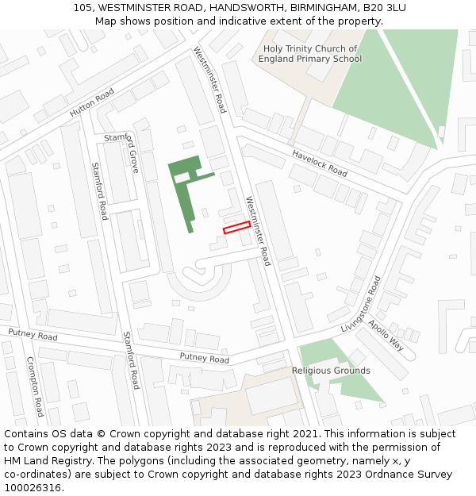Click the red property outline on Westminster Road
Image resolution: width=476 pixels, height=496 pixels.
click(x=236, y=228)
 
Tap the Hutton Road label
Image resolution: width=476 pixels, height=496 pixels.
click(x=92, y=103)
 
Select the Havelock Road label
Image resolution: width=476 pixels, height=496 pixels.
click(x=320, y=163)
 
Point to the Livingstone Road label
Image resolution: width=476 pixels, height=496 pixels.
click(x=361, y=305)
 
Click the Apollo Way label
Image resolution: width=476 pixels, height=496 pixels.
click(x=386, y=336)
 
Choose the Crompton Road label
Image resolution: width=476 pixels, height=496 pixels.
click(x=35, y=386)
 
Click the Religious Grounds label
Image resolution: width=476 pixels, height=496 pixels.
click(x=330, y=371)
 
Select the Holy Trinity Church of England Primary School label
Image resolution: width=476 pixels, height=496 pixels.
click(x=312, y=54)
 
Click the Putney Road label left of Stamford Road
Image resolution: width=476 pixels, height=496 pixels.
click(x=33, y=334)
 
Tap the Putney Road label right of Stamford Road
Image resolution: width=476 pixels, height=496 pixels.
click(x=204, y=359)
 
